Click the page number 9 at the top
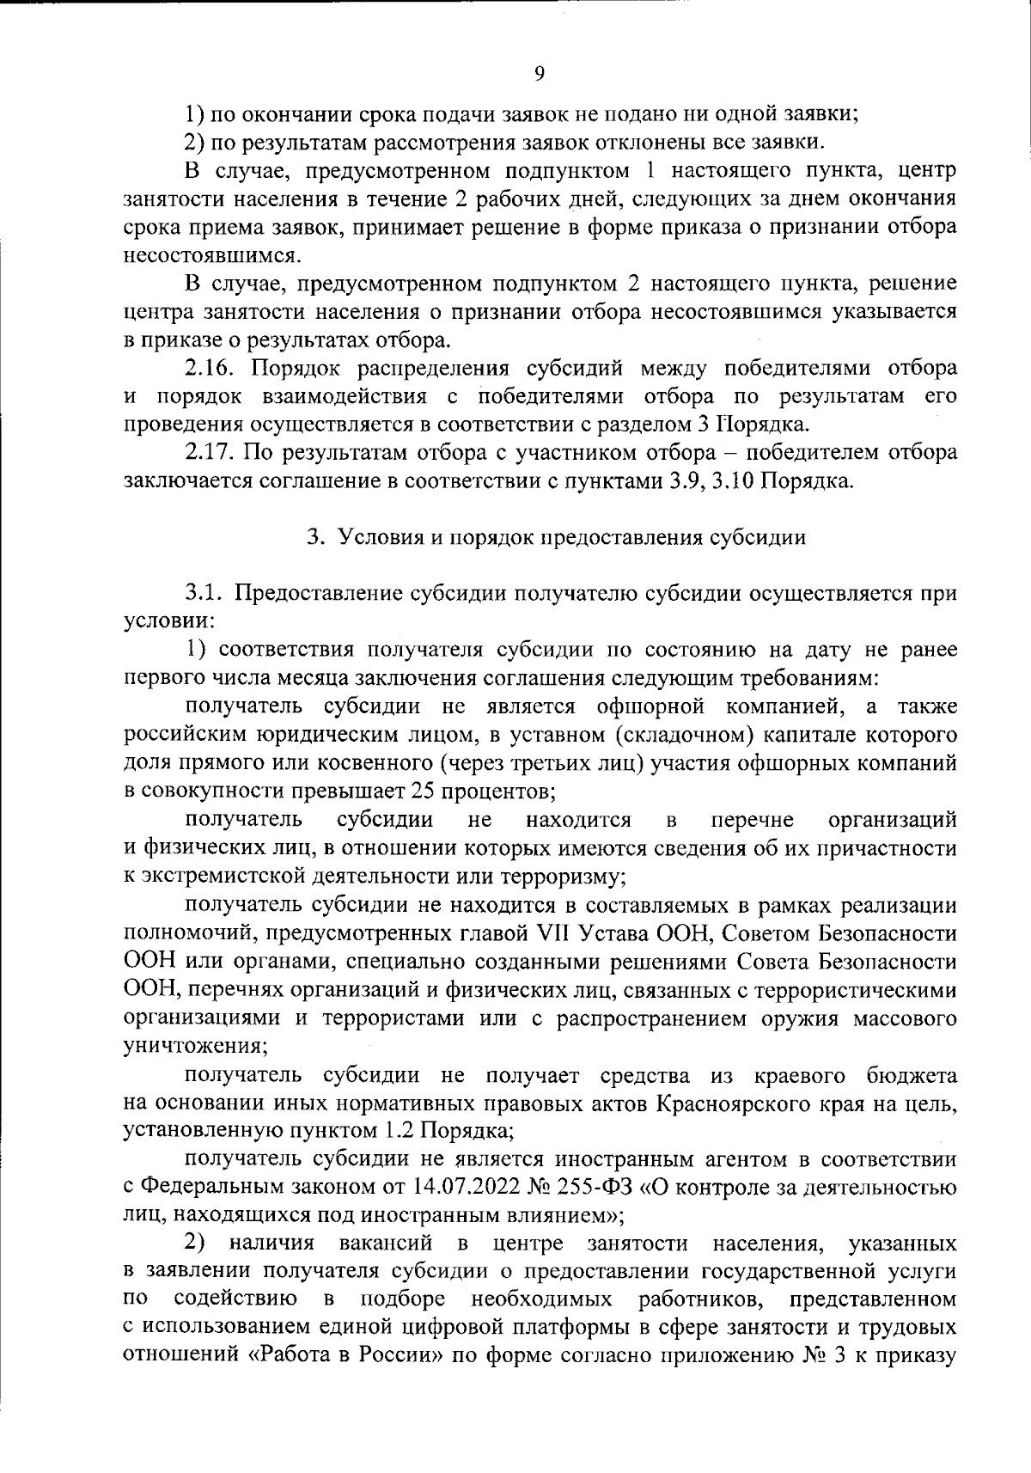(539, 75)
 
